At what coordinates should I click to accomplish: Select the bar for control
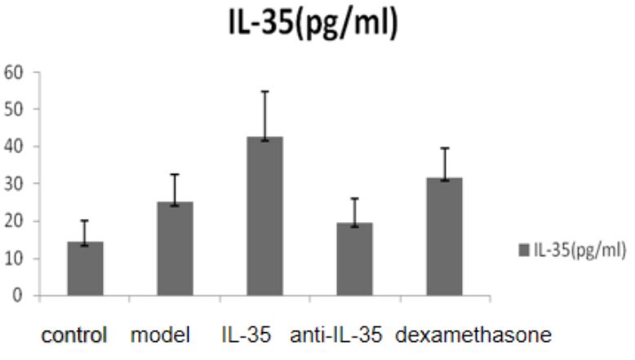tap(85, 269)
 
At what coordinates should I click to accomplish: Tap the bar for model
tap(175, 249)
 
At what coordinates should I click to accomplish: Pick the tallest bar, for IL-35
tap(264, 216)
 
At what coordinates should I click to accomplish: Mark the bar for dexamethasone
tap(444, 237)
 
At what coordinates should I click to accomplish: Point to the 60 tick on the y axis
tap(18, 72)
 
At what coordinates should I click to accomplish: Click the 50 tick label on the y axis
tap(18, 109)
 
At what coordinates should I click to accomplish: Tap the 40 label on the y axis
tap(18, 147)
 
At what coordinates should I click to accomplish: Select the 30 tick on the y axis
tap(18, 184)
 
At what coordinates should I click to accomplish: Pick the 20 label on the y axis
tap(18, 221)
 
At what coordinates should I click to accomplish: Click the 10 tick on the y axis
tap(18, 259)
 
